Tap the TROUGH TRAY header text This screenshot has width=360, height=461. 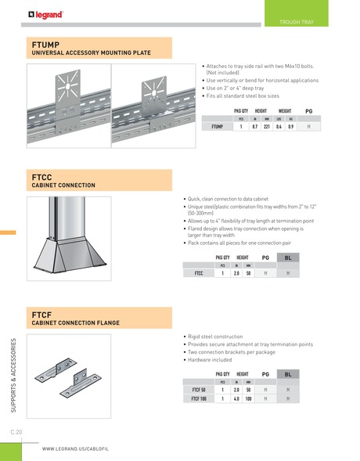pyautogui.click(x=296, y=22)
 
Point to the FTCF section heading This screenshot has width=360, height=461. pyautogui.click(x=41, y=313)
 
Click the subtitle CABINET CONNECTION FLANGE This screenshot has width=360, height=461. pyautogui.click(x=74, y=322)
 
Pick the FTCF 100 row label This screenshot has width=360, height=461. pyautogui.click(x=199, y=398)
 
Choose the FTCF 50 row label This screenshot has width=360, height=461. pyautogui.click(x=199, y=389)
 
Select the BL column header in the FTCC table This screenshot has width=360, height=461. pyautogui.click(x=288, y=257)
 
